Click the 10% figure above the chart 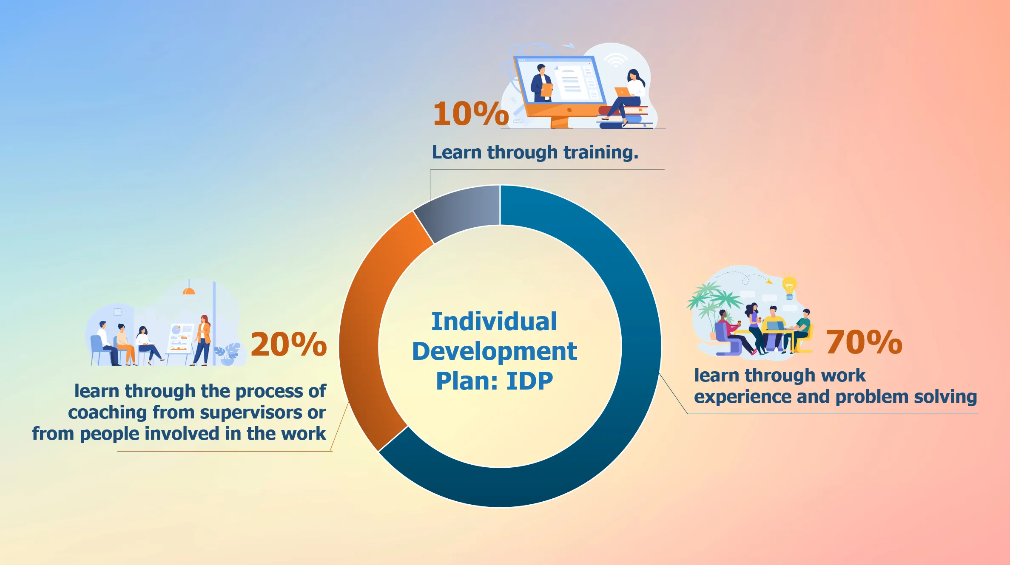click(471, 113)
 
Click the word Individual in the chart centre click(494, 321)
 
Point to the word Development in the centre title click(495, 351)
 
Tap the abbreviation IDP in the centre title click(530, 381)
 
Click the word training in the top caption click(601, 153)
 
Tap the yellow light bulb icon click(789, 287)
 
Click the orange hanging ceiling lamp click(189, 290)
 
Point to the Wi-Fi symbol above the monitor click(615, 60)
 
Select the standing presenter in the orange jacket click(202, 340)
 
